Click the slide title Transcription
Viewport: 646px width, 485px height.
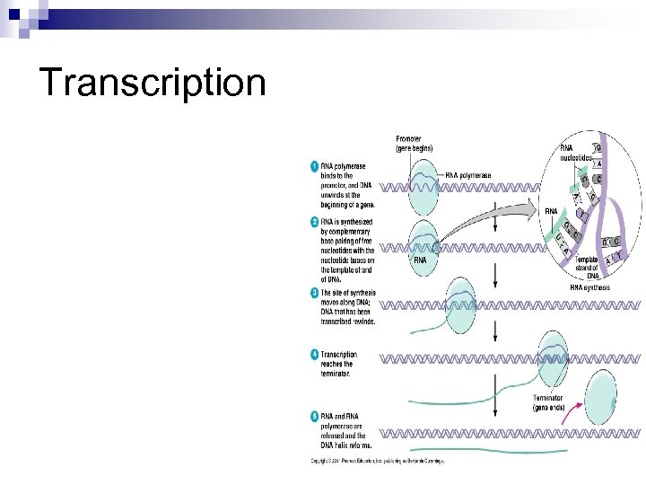[x=153, y=83]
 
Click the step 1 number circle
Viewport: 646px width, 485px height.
[x=314, y=166]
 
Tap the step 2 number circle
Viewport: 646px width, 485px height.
[x=314, y=221]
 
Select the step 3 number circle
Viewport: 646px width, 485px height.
[x=314, y=293]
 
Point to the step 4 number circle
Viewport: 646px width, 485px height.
[x=314, y=355]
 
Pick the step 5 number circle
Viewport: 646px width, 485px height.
[x=314, y=416]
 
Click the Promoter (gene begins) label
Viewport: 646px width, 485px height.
[x=414, y=143]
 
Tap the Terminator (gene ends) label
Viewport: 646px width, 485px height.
[x=547, y=402]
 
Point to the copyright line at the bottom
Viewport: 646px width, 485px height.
[x=378, y=462]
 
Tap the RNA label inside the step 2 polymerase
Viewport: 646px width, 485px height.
[x=420, y=260]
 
